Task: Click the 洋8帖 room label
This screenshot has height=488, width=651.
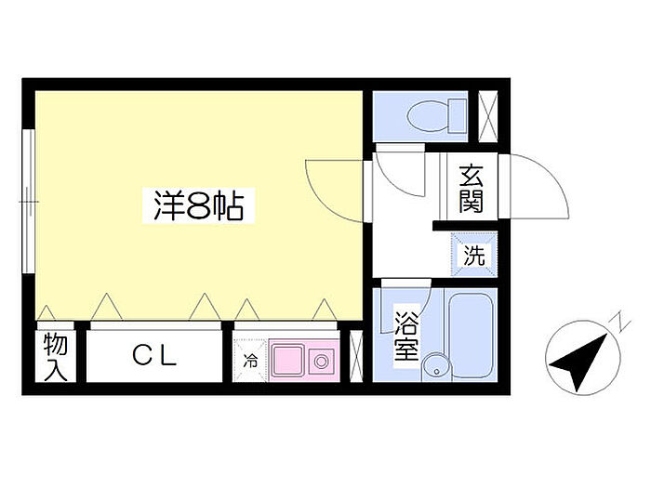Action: coord(198,205)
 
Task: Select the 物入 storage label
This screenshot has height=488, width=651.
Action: coord(56,357)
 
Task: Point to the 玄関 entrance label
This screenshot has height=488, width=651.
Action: coord(470,190)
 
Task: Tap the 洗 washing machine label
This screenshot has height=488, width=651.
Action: coord(474,257)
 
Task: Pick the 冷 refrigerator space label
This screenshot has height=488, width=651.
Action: coord(250,359)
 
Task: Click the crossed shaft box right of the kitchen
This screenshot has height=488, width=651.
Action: coord(354,355)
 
